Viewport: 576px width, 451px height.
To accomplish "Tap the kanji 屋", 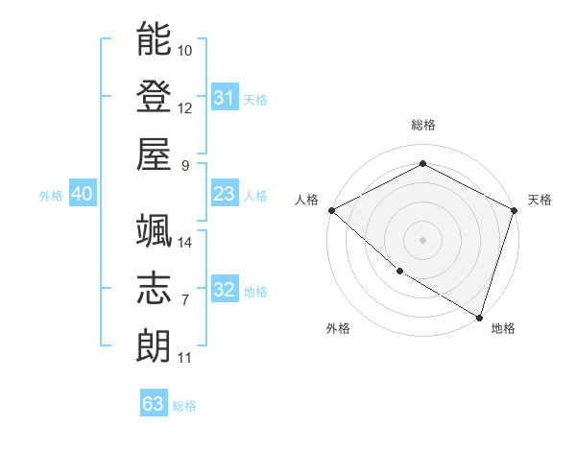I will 155,154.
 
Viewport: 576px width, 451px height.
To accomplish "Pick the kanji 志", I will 155,289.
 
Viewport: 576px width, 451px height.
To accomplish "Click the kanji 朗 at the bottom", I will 155,346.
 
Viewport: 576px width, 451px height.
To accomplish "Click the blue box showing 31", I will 224,98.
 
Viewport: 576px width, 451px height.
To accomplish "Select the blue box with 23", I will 224,195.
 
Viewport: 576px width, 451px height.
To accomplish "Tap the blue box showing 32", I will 224,291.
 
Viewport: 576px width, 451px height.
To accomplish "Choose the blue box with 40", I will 82,195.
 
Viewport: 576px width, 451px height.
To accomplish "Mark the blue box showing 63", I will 153,404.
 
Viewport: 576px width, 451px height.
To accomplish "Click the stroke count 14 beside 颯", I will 185,243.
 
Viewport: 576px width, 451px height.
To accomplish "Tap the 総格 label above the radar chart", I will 422,125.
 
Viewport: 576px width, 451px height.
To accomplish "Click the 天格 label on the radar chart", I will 540,200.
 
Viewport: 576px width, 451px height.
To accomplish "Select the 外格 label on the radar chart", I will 337,328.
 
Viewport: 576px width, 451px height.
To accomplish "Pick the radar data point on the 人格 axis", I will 331,210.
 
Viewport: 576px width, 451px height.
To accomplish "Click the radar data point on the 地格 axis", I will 479,316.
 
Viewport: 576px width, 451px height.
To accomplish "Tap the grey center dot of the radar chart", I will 422,239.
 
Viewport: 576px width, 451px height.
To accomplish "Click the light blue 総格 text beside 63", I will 184,406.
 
